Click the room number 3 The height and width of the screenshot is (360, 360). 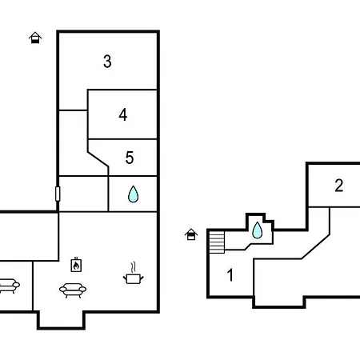pos(107,62)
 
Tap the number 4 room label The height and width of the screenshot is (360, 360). pos(123,114)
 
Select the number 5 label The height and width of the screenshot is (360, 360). pos(130,158)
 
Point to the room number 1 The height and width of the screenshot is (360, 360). pos(230,275)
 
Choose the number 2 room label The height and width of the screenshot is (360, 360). pos(339,186)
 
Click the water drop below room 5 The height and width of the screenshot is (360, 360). pos(133,194)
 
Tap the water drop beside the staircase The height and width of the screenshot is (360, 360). pos(258,230)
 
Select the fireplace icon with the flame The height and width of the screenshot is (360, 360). pos(76,265)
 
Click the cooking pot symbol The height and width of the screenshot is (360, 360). pos(134,278)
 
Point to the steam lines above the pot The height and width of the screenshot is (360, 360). pos(134,267)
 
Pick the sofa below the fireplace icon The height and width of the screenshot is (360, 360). pos(73,290)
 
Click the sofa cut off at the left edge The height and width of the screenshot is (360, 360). pos(9,286)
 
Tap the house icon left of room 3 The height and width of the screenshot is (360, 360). pos(35,38)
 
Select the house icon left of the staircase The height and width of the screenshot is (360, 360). pos(191,234)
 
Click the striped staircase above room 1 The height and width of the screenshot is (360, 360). pos(217,242)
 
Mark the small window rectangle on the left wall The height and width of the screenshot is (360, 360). pos(58,194)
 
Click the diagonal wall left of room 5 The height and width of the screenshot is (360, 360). pos(98,159)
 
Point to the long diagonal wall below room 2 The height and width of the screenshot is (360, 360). pos(316,246)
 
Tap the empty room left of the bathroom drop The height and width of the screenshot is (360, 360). pos(83,194)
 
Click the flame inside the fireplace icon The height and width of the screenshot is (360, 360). pos(76,266)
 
